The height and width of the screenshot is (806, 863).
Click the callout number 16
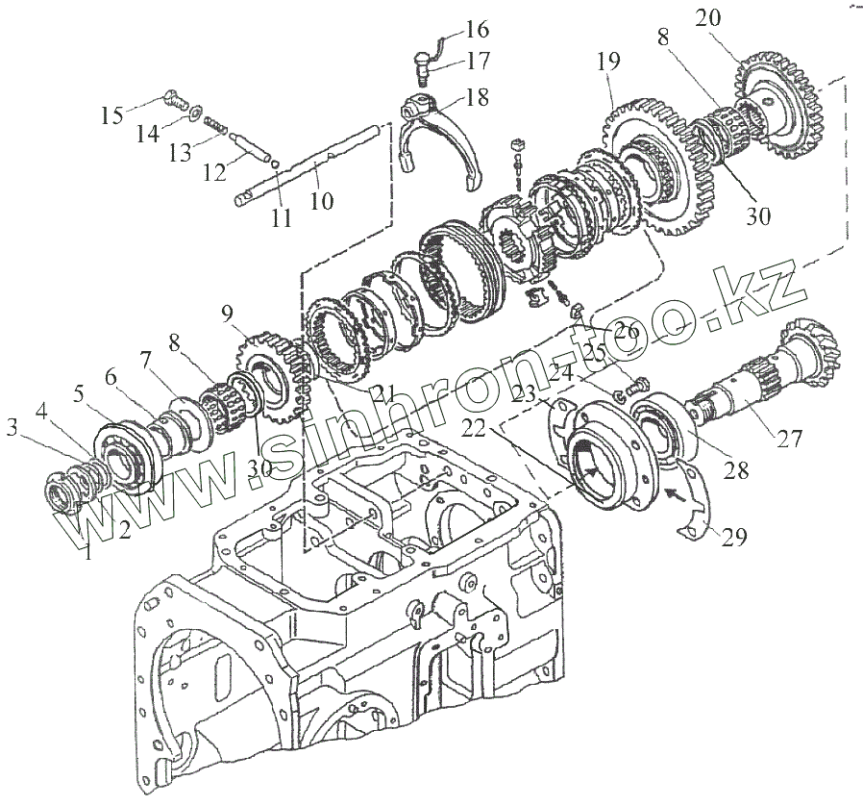(x=478, y=28)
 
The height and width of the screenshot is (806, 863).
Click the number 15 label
(x=111, y=116)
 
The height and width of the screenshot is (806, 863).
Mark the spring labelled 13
(x=222, y=129)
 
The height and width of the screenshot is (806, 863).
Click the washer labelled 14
(x=196, y=113)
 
